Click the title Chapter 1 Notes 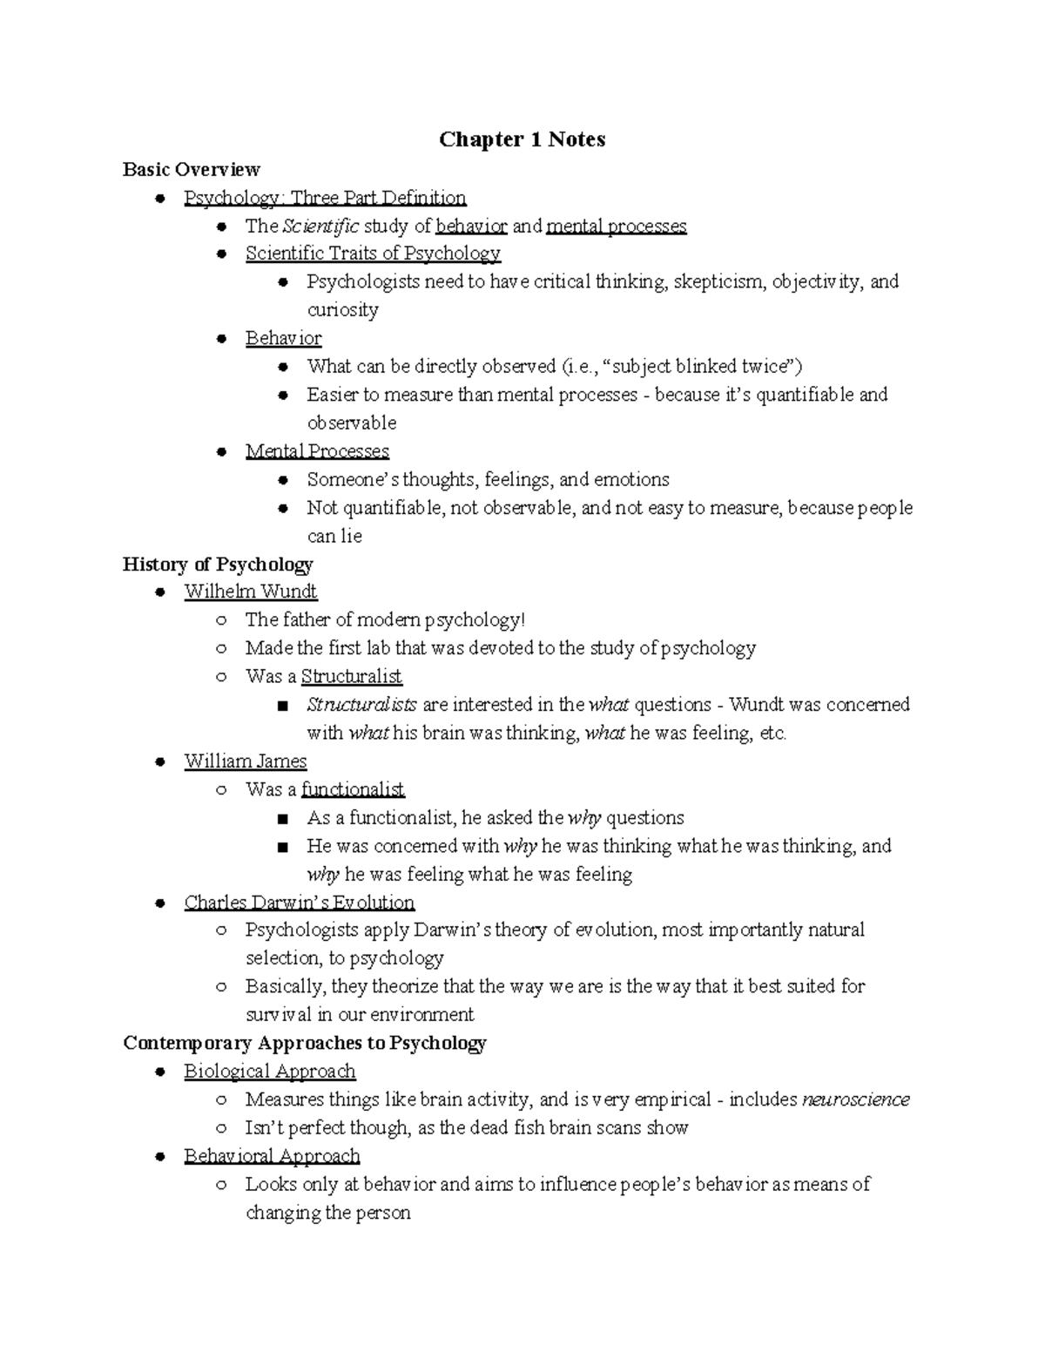coord(522,139)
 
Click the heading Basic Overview coord(192,169)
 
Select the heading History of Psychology coord(218,564)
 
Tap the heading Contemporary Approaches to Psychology coord(305,1043)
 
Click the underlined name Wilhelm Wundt coord(251,592)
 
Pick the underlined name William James coord(246,761)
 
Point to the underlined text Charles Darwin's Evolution coord(300,903)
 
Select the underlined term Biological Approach coord(270,1072)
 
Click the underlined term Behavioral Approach coord(272,1156)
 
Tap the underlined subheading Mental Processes coord(317,451)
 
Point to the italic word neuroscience coord(855,1099)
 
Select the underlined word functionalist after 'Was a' coord(353,789)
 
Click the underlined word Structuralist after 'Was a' coord(351,676)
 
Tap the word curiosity coord(342,310)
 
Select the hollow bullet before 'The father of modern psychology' coord(222,620)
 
